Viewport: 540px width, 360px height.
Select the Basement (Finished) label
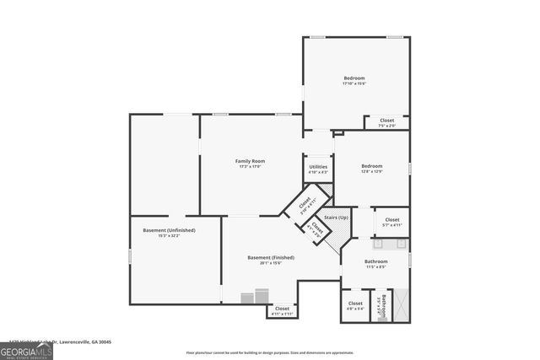pos(270,257)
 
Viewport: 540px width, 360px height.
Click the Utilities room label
pos(318,168)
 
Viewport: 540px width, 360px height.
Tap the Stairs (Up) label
pos(337,218)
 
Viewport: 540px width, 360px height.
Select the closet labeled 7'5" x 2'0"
pos(386,122)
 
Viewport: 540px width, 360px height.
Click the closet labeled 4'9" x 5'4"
pos(355,304)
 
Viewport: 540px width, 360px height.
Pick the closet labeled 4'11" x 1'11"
pos(282,310)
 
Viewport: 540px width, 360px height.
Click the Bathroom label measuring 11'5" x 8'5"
pos(375,264)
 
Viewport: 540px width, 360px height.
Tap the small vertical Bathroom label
pos(381,304)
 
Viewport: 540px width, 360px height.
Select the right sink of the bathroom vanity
pos(400,244)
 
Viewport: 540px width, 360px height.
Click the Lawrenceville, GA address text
pos(57,341)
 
